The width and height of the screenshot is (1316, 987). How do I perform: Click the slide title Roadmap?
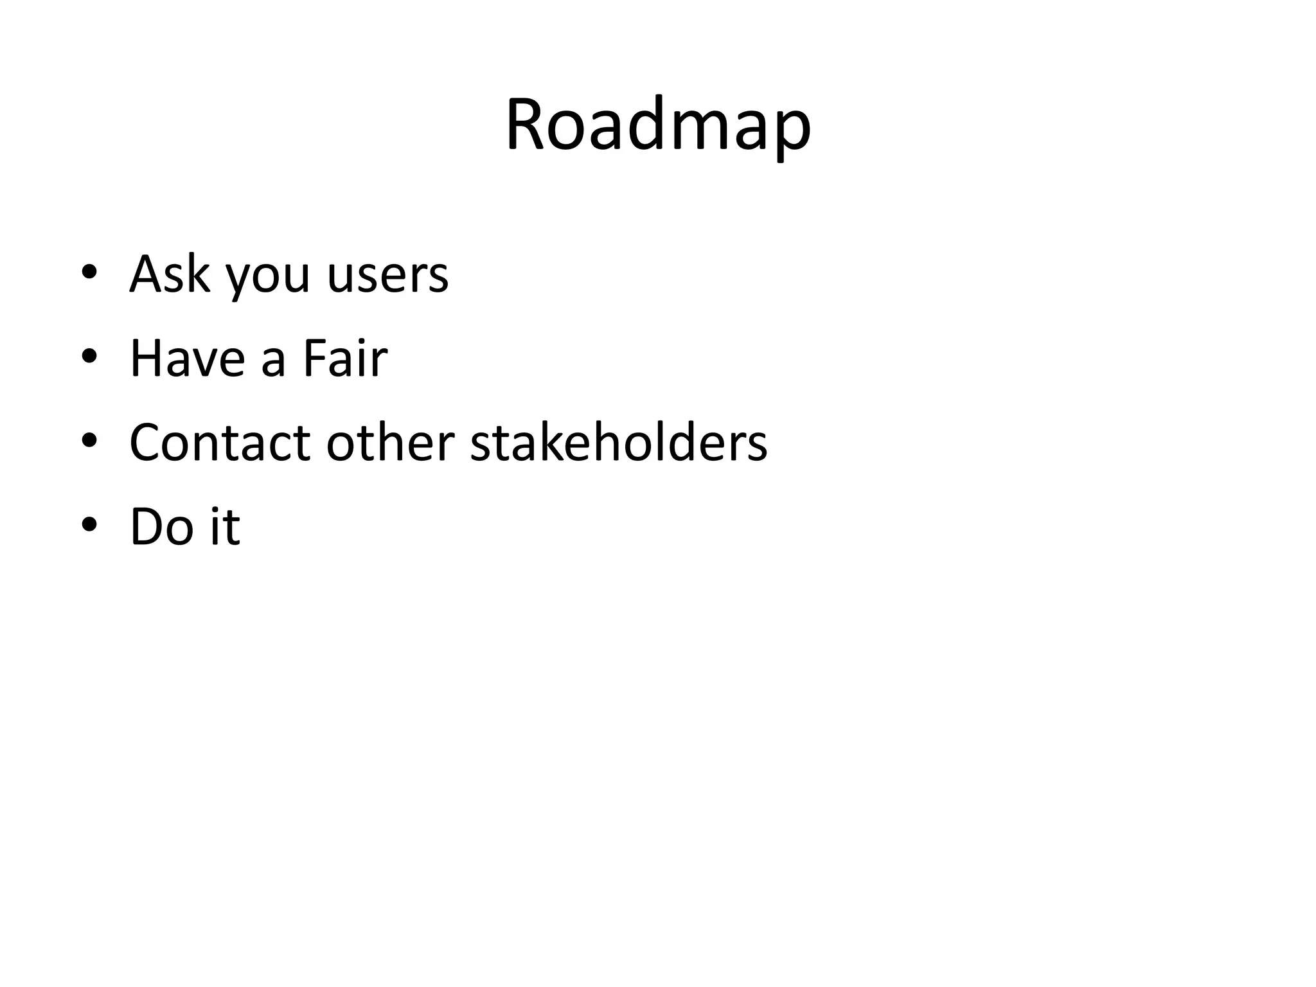tap(657, 125)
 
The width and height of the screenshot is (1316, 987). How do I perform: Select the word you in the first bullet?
tap(267, 280)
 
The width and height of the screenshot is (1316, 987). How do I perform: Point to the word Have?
tap(187, 359)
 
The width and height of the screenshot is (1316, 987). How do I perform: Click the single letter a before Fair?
tap(273, 362)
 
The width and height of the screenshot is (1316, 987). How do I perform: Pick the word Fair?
tap(345, 358)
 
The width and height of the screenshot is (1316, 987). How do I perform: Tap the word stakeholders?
tap(619, 443)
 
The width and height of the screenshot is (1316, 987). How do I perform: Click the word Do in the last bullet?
tap(160, 527)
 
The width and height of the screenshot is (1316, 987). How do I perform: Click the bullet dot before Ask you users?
tap(89, 272)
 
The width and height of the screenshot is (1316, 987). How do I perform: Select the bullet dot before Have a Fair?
tap(89, 357)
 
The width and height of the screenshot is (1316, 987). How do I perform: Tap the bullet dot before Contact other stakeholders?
tap(89, 441)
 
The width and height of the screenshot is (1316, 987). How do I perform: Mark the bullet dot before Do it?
tap(89, 525)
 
